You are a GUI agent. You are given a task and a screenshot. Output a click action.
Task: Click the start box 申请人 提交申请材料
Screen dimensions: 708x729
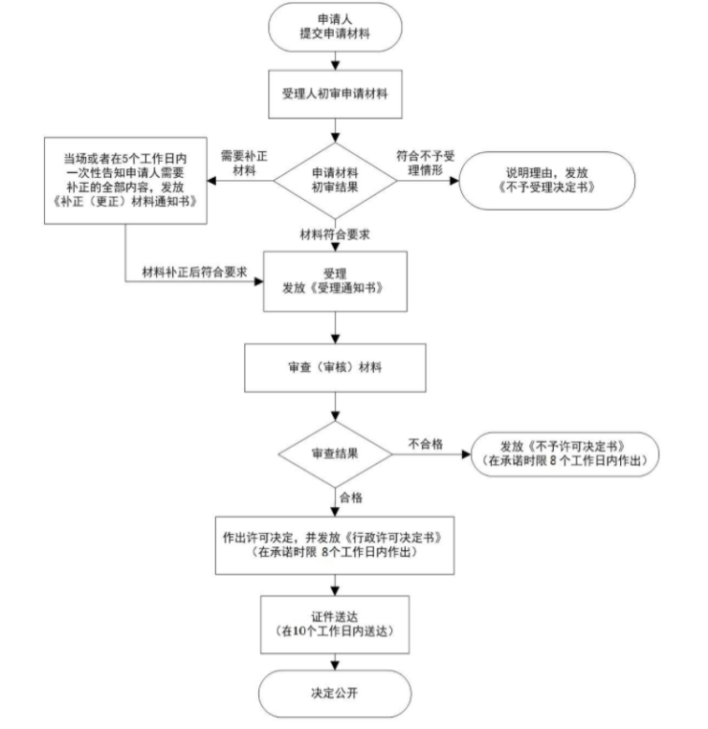tap(335, 27)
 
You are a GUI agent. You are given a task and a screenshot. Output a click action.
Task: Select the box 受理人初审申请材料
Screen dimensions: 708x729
tap(335, 95)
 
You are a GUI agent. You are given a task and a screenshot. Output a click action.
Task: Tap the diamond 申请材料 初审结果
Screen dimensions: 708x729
tap(335, 181)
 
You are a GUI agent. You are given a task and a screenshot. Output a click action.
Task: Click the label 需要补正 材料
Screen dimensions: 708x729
tap(244, 164)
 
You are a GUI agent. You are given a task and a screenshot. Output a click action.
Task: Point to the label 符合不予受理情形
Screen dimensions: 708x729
tap(426, 164)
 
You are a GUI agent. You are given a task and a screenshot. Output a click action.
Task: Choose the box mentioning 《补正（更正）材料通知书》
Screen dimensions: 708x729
tap(125, 181)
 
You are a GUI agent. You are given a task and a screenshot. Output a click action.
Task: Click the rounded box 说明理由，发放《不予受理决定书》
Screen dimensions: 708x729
tap(546, 181)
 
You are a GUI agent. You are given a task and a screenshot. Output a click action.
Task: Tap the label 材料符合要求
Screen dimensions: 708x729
tap(335, 234)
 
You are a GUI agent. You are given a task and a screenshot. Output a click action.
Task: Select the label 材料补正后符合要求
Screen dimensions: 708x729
tap(194, 272)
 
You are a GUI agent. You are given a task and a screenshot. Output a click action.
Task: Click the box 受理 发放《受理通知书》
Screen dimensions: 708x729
tap(335, 281)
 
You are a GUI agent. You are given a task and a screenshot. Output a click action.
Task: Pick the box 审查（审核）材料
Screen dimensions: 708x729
tap(335, 367)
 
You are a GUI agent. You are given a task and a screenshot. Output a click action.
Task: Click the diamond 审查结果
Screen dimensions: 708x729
tap(335, 454)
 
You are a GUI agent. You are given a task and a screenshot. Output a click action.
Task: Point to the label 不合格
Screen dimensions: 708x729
tap(426, 444)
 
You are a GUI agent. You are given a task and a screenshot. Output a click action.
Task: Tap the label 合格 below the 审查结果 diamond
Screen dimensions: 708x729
tap(351, 497)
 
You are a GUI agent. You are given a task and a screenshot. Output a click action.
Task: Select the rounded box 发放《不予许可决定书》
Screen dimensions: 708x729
tap(564, 454)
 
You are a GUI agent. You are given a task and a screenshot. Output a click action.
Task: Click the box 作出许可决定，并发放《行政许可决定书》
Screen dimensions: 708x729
tap(335, 545)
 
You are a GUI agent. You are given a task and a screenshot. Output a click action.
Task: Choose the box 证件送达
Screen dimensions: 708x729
tap(335, 625)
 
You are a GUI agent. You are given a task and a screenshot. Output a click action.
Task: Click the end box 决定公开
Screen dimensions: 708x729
tap(335, 694)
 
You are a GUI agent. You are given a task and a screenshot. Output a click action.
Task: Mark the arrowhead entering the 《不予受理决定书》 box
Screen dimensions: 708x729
tap(454, 181)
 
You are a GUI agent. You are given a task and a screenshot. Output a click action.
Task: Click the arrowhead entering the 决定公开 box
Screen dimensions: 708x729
tap(335, 665)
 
